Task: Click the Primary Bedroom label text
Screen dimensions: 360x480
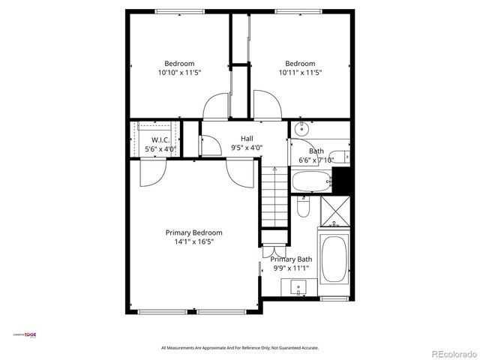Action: pos(193,232)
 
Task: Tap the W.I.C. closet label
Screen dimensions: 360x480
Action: pos(160,140)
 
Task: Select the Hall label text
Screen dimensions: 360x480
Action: pos(247,138)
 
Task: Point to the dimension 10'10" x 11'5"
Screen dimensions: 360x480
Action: pos(179,73)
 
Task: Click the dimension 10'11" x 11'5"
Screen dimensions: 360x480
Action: pos(299,73)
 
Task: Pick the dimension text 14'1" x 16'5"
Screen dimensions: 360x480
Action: pos(193,242)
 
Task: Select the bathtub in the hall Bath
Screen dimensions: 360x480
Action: pos(310,181)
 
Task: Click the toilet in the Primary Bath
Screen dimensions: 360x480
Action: pos(304,205)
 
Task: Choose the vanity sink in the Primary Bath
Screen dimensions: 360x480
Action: pos(298,286)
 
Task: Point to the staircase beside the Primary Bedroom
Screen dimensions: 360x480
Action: pos(274,199)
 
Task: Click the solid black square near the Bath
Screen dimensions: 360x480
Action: pos(341,180)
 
